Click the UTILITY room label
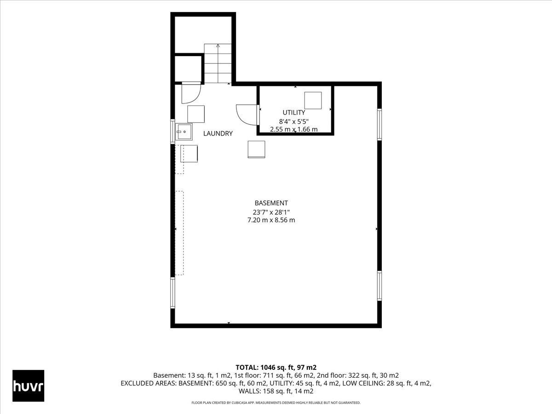294,112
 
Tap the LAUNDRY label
218,133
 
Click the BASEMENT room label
271,203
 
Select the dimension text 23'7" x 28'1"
271,212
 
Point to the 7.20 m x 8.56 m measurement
271,220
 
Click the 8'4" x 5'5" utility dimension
294,121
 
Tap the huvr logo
28,386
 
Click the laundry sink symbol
184,132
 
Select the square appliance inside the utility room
313,100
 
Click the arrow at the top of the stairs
218,46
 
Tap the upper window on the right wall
379,124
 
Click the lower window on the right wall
379,286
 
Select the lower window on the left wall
173,293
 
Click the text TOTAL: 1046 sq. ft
265,368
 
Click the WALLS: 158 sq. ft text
264,391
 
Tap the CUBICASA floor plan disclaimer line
276,402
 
